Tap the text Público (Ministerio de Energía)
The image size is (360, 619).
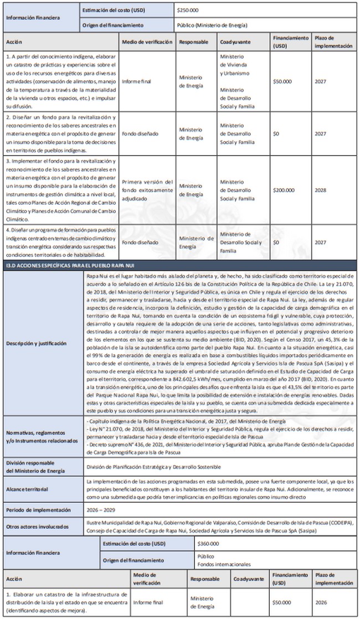pyautogui.click(x=212, y=25)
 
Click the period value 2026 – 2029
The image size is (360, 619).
pyautogui.click(x=102, y=508)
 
